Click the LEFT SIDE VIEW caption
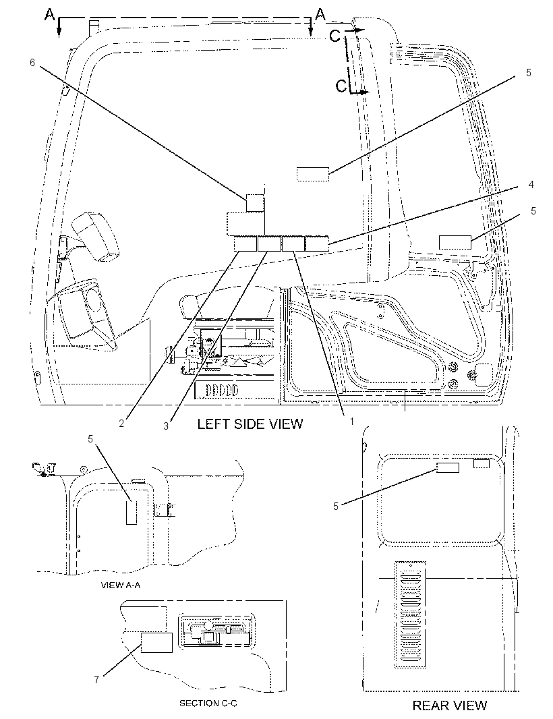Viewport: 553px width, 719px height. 250,424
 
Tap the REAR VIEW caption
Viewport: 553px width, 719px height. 450,706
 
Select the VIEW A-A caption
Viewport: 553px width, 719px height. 120,585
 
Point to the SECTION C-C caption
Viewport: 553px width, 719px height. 208,703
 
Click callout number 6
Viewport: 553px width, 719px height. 32,62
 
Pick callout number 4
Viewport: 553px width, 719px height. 531,184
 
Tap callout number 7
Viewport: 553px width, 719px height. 96,680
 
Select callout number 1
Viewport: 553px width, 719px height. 352,421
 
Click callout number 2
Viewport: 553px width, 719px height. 121,424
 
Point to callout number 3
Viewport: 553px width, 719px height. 166,426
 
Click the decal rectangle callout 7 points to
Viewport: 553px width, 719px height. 156,642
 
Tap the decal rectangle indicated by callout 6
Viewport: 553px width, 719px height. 255,202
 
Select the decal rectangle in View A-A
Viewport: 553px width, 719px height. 132,512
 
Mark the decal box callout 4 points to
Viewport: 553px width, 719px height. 318,243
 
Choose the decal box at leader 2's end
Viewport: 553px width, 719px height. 245,243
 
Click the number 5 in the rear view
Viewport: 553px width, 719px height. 336,506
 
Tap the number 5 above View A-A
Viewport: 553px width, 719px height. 90,439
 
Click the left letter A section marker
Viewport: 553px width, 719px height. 49,15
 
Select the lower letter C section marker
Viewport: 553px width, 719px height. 341,85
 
